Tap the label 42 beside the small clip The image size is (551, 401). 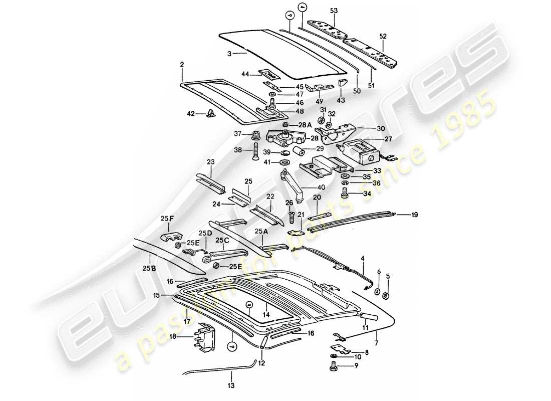pos(191,114)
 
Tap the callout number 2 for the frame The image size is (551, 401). pos(182,64)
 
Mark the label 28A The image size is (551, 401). pos(305,124)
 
